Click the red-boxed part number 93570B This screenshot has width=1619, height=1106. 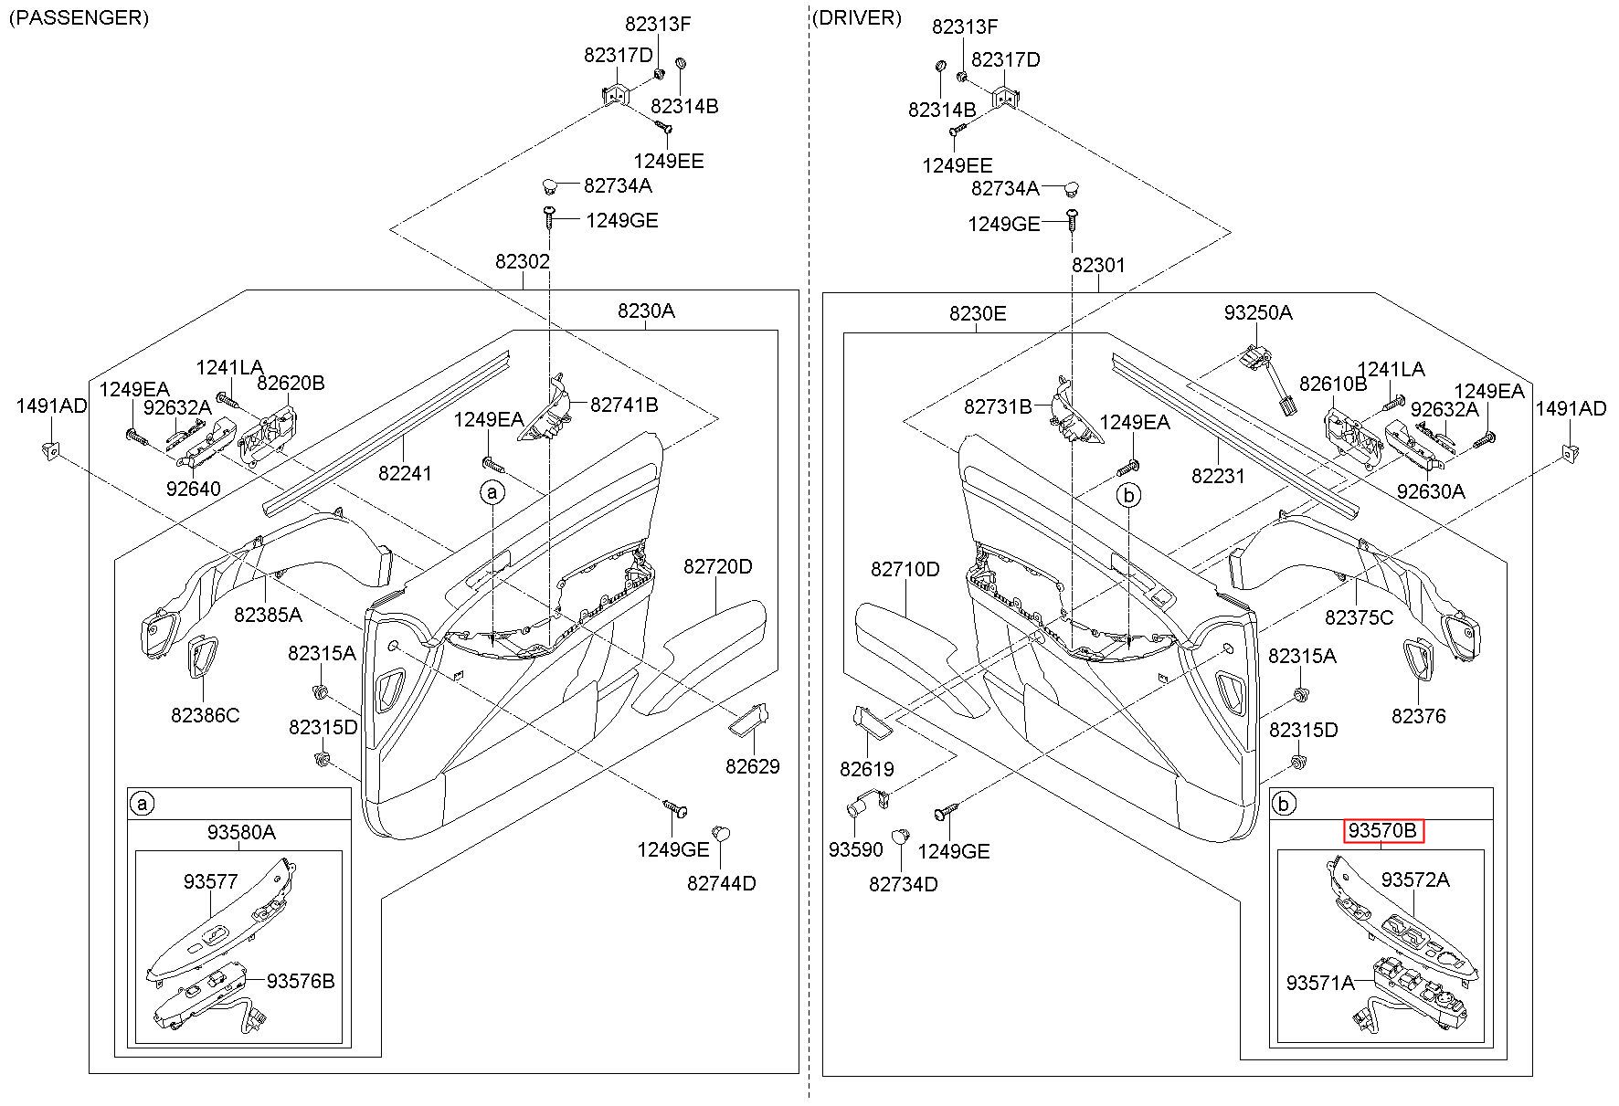[1383, 831]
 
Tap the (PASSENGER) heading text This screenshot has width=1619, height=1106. [79, 18]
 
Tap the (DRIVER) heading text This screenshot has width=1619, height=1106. [856, 18]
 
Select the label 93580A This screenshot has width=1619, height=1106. [241, 832]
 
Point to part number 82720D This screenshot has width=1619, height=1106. [718, 567]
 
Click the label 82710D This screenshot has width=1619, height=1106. [905, 570]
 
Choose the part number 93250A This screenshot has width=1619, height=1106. [1258, 313]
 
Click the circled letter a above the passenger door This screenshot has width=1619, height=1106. [492, 493]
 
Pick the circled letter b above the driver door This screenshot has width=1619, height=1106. [1129, 496]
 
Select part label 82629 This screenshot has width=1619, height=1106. [753, 767]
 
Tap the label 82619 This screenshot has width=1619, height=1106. [867, 770]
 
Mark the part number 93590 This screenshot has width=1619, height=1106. [856, 849]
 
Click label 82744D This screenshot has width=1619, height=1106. [722, 884]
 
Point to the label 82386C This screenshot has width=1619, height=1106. [205, 715]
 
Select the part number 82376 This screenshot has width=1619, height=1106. [1419, 716]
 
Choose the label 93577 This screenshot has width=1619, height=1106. [210, 882]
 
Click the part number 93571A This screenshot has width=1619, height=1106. [1320, 983]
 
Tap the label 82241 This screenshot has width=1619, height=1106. [406, 474]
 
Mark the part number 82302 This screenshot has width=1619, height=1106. [523, 262]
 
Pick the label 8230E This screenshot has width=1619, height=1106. [978, 314]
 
